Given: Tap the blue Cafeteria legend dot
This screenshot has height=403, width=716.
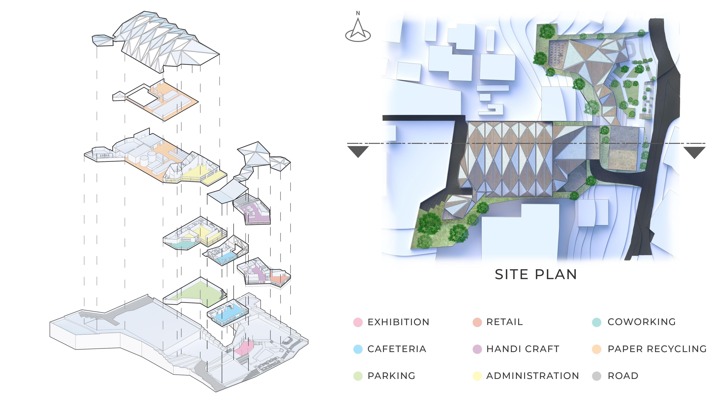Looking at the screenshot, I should pos(358,349).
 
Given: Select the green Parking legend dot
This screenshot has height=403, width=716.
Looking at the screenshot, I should pos(358,376).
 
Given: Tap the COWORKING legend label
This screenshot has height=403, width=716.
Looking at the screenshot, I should pos(641,322).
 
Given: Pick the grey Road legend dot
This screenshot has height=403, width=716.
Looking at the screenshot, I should pos(596,376).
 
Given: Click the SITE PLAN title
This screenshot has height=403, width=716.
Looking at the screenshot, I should pos(536,274).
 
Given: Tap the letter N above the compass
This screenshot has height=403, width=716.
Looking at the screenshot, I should pos(358,13).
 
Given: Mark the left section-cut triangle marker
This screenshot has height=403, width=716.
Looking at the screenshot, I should pos(358,151).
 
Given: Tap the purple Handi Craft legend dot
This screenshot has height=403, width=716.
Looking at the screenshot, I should pos(477,349).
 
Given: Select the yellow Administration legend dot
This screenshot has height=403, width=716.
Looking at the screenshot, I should pos(477,376).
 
